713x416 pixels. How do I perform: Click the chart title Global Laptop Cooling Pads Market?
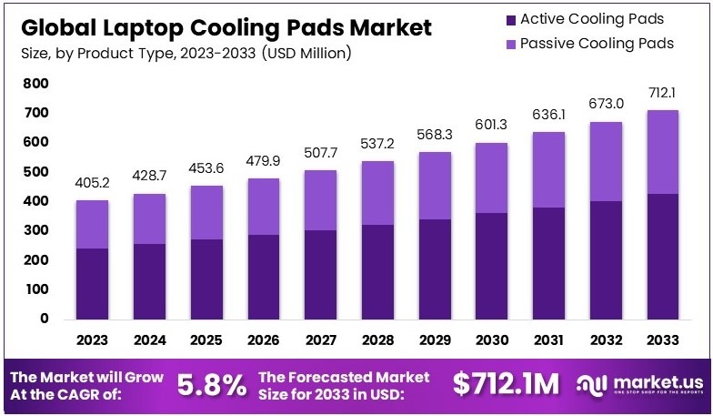click(226, 27)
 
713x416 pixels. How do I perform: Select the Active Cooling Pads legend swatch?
click(510, 19)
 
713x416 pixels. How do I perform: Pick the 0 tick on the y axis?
click(43, 319)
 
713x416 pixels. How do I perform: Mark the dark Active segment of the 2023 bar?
click(92, 283)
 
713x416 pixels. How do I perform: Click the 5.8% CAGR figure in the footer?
click(210, 384)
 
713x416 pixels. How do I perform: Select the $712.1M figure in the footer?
click(506, 384)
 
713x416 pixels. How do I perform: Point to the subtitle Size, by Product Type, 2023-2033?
click(186, 53)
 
